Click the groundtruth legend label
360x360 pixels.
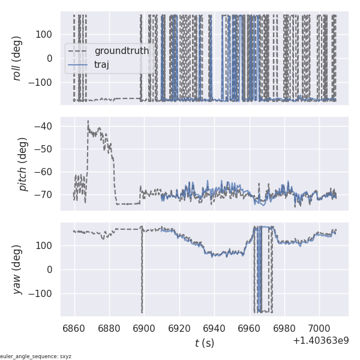pyautogui.click(x=121, y=51)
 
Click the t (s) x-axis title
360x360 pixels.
pyautogui.click(x=204, y=343)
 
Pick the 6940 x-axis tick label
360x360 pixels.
pyautogui.click(x=214, y=328)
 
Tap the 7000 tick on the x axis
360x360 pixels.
pyautogui.click(x=319, y=328)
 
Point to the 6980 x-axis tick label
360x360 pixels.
pyautogui.click(x=284, y=328)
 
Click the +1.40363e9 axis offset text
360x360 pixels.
pyautogui.click(x=320, y=341)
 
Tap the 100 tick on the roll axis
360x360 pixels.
pyautogui.click(x=47, y=34)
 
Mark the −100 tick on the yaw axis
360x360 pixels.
pyautogui.click(x=43, y=293)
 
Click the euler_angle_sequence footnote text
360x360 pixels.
pyautogui.click(x=36, y=356)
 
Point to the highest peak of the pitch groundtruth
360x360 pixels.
pyautogui.click(x=88, y=121)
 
